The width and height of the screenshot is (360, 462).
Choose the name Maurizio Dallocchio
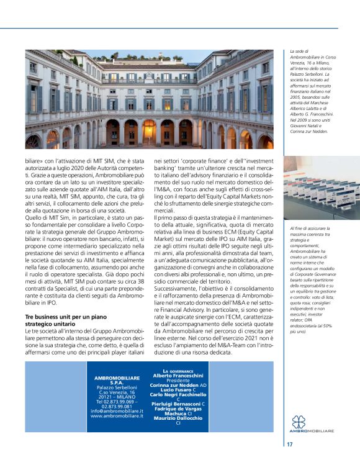178,419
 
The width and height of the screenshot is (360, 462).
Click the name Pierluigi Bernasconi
176,404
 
